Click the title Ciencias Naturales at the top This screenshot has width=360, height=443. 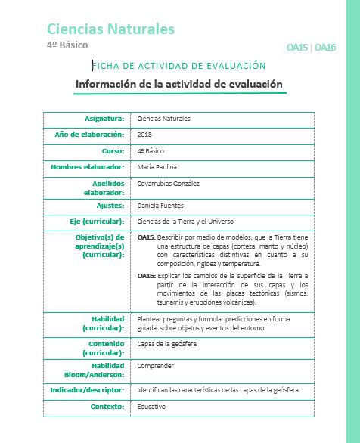110,29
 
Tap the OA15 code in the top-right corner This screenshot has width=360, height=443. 298,48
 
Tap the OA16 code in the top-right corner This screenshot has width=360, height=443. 325,48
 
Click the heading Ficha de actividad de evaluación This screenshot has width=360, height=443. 179,67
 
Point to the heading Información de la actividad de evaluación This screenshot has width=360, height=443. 179,84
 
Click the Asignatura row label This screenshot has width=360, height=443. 104,119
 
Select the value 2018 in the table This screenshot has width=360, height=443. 145,134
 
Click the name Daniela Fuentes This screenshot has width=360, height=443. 160,205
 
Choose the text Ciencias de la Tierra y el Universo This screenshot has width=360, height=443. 186,221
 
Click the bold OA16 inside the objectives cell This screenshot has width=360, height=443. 146,276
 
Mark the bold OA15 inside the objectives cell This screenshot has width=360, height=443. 146,237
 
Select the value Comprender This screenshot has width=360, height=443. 155,365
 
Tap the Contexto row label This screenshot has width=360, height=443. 106,406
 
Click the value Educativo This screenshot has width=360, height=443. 151,406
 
